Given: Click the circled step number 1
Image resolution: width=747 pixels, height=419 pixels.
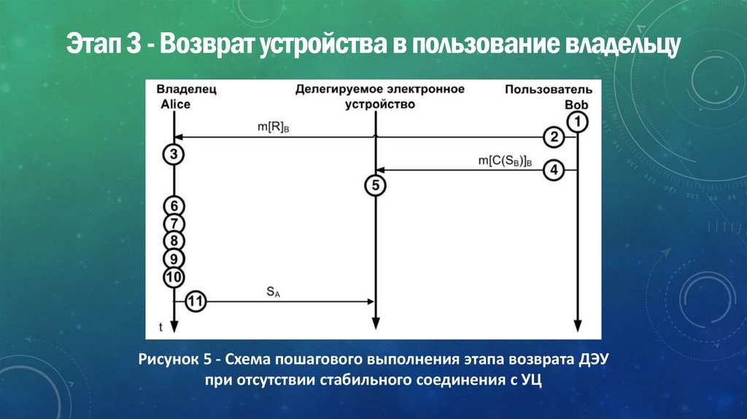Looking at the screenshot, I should [578, 121].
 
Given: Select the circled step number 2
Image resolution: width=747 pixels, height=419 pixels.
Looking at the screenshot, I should [554, 137].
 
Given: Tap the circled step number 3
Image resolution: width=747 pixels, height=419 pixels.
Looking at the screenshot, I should [174, 155].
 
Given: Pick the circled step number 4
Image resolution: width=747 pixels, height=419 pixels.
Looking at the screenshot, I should [554, 171].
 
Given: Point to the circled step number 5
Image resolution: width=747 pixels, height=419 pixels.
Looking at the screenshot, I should [375, 186].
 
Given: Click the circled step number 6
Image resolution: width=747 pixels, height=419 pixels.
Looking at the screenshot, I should [174, 206].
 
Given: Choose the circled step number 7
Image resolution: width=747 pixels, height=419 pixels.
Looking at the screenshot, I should [174, 223].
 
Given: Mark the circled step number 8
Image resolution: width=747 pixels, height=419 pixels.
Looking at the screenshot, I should [174, 241].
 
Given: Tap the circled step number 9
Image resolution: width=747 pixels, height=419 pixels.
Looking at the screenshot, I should [174, 258].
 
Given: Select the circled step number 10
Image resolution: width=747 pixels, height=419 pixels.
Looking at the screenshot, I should [174, 277].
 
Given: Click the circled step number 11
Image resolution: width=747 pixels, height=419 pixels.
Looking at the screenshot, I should [196, 301].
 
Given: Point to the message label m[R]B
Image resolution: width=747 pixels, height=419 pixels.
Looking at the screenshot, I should [274, 128].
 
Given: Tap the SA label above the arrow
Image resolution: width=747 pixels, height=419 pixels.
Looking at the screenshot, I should [271, 292].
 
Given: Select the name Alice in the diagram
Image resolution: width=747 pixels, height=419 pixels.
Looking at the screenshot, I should [175, 104].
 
